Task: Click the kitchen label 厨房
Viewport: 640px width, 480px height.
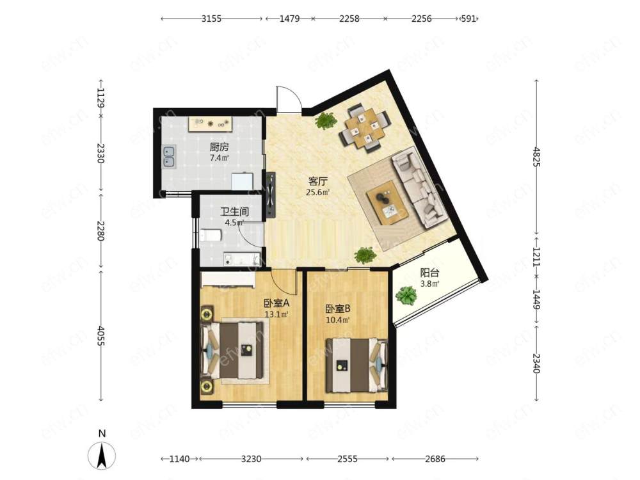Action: (219, 147)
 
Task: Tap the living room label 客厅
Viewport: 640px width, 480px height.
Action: (318, 181)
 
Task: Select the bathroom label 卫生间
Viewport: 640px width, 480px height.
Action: (235, 212)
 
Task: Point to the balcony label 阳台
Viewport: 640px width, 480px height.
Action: (430, 273)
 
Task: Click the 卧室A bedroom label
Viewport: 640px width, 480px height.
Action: (276, 303)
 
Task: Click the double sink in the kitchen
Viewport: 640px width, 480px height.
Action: (170, 157)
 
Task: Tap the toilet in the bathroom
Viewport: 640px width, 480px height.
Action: (211, 236)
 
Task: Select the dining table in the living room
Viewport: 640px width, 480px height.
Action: (366, 129)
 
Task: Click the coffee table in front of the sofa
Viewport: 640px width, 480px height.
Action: (387, 202)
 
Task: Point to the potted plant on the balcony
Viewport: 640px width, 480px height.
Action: (406, 295)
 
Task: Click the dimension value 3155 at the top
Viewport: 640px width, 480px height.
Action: (211, 19)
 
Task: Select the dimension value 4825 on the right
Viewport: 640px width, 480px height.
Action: (536, 157)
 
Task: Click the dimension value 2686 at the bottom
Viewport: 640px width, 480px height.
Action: (435, 459)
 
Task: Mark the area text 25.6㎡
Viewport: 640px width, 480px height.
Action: (318, 192)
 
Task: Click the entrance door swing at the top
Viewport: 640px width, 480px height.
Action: (289, 99)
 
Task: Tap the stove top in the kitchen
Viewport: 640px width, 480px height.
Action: (211, 124)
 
